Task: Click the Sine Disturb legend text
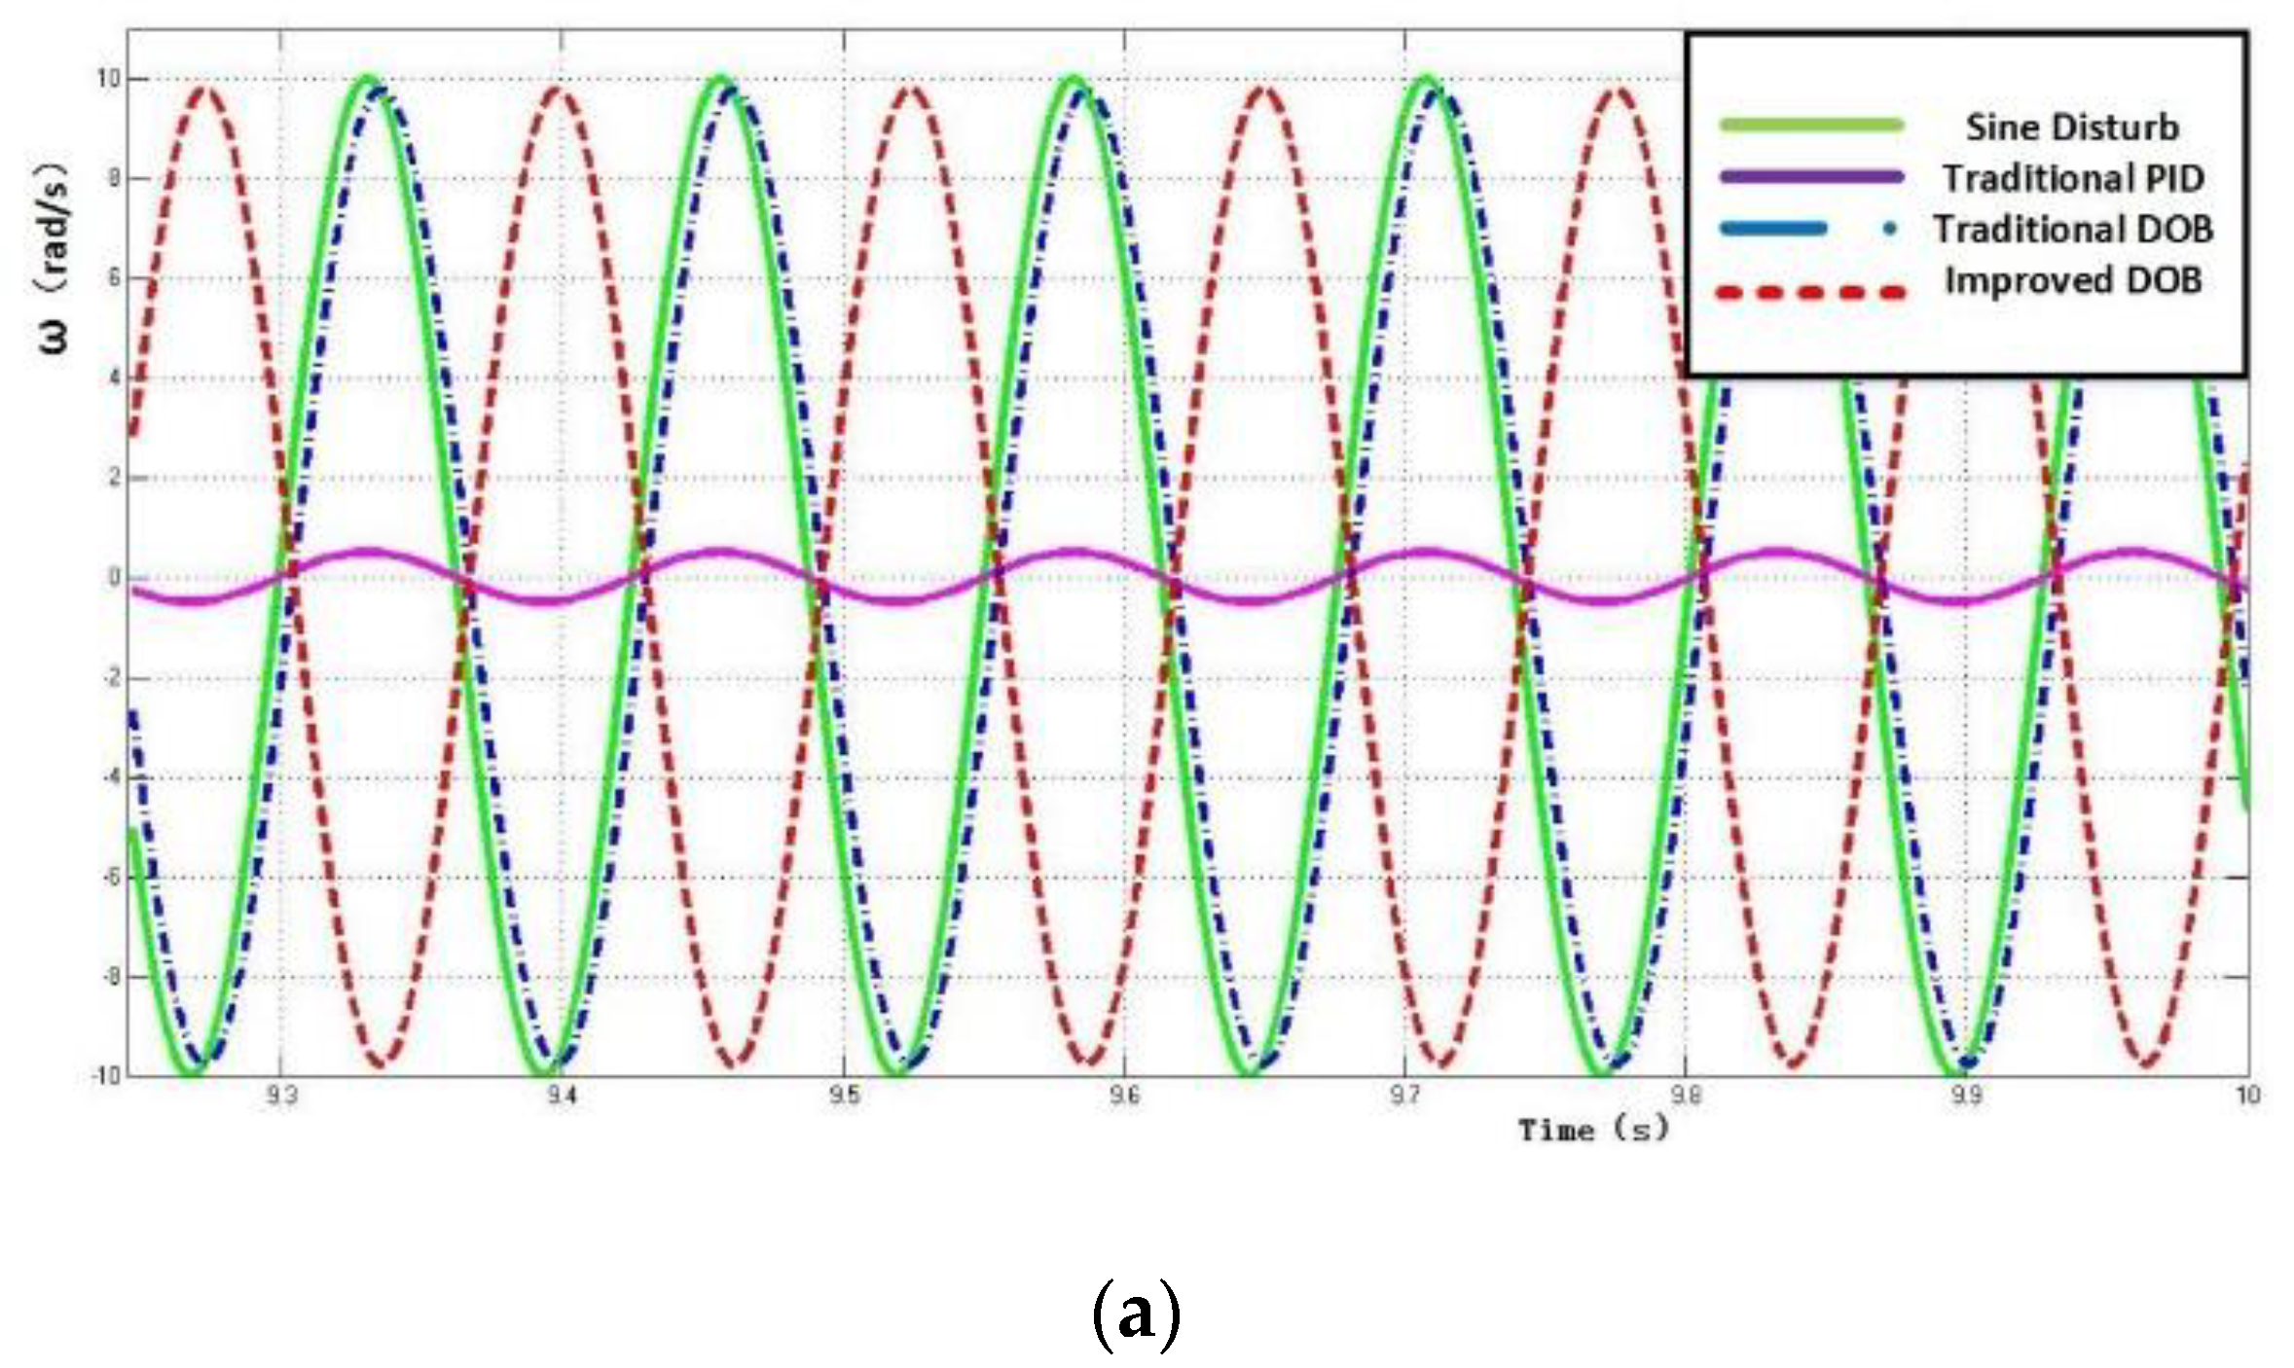point(2071,127)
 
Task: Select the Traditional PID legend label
point(2073,178)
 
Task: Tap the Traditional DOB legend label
point(2073,230)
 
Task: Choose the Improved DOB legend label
point(2073,280)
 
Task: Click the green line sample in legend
point(1811,125)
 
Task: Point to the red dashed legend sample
point(1811,292)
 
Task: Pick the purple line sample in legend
point(1811,177)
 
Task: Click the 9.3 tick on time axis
point(280,1096)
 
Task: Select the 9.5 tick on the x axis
point(844,1096)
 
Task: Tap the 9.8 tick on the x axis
point(1686,1096)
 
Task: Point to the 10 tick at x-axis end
point(2246,1096)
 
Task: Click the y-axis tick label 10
point(108,79)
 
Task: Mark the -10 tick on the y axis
point(106,1075)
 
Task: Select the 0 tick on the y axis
point(115,577)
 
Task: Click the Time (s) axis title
point(1593,1130)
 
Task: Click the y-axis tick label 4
point(115,378)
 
